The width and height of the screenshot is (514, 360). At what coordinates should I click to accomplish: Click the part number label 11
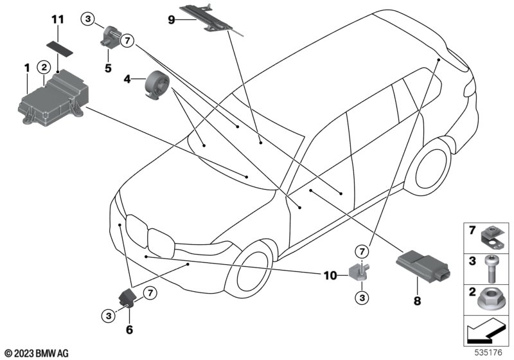58,19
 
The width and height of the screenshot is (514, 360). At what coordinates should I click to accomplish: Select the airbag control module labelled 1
53,98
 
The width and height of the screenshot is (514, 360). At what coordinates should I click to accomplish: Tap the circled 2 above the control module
44,67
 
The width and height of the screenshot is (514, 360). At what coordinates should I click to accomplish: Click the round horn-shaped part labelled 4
157,85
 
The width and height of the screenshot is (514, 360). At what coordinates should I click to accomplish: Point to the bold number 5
108,68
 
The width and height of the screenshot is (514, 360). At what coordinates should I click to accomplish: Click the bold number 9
172,20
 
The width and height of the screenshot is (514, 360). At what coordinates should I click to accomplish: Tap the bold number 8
417,301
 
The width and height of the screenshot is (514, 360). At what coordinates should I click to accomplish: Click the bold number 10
330,276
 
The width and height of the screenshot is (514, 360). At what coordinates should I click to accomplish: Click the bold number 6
130,330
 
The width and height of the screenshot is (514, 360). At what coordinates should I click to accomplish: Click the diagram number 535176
488,352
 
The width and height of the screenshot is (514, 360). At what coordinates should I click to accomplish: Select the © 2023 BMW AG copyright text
37,354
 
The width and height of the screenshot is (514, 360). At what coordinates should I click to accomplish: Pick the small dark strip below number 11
60,48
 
